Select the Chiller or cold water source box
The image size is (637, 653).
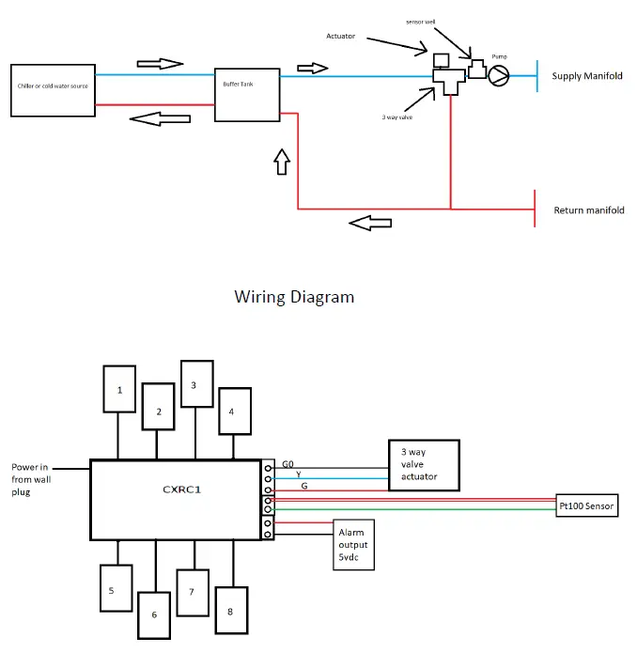pyautogui.click(x=53, y=90)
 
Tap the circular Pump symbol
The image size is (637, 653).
pyautogui.click(x=499, y=75)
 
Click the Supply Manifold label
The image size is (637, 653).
pyautogui.click(x=587, y=76)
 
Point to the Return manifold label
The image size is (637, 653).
pyautogui.click(x=589, y=210)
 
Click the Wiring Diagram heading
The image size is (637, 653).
pyautogui.click(x=294, y=297)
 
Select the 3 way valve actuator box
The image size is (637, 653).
pyautogui.click(x=426, y=465)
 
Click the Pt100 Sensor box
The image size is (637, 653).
pyautogui.click(x=587, y=506)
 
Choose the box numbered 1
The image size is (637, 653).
pyautogui.click(x=119, y=389)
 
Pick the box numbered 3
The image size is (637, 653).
pyautogui.click(x=194, y=383)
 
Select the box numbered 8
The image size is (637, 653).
pyautogui.click(x=231, y=610)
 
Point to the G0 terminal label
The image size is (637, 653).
pyautogui.click(x=288, y=464)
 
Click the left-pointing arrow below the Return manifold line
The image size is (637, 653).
pyautogui.click(x=369, y=224)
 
